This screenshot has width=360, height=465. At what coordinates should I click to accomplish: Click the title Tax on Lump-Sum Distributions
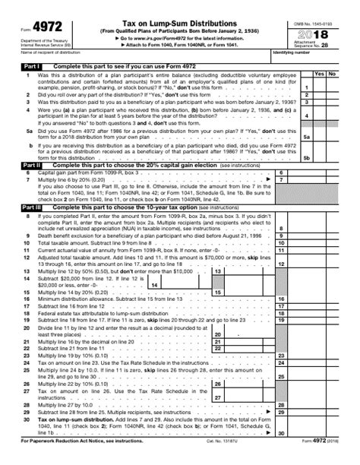tap(165, 8)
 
